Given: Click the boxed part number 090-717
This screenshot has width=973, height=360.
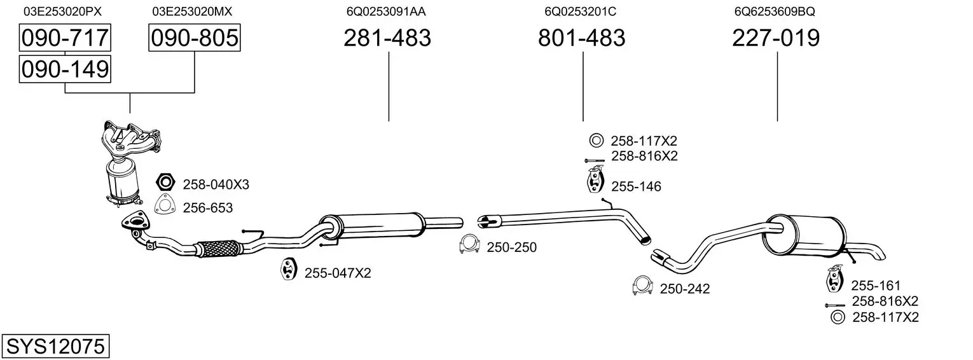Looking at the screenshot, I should pyautogui.click(x=64, y=38).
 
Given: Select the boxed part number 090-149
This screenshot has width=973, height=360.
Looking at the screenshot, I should pyautogui.click(x=64, y=69).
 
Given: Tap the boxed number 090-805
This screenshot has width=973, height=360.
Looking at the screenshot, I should pyautogui.click(x=194, y=38).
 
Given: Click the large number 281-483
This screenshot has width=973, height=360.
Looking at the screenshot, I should pyautogui.click(x=387, y=38).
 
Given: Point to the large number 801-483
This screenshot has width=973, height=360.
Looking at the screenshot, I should pyautogui.click(x=582, y=38).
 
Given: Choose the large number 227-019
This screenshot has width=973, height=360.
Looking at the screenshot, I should pyautogui.click(x=776, y=38).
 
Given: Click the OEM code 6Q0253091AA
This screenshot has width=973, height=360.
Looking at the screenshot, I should pyautogui.click(x=386, y=11).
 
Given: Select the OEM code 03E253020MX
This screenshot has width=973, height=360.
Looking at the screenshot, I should pyautogui.click(x=192, y=11).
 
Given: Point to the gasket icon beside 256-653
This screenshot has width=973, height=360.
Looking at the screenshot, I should pyautogui.click(x=165, y=206).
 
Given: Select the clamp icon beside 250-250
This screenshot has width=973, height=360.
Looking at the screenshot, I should pyautogui.click(x=469, y=245).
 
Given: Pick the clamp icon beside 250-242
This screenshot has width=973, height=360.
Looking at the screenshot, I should pyautogui.click(x=643, y=287).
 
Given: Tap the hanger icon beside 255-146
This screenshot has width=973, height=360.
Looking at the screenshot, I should pyautogui.click(x=594, y=180).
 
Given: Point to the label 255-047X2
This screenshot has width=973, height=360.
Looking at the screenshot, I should pyautogui.click(x=337, y=273).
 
